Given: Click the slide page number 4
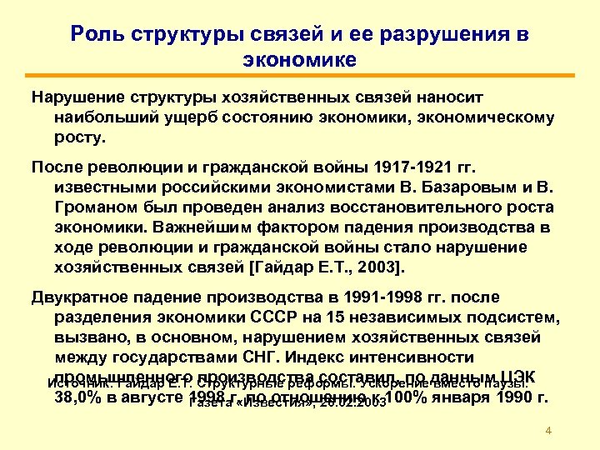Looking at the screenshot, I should coord(547,430).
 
